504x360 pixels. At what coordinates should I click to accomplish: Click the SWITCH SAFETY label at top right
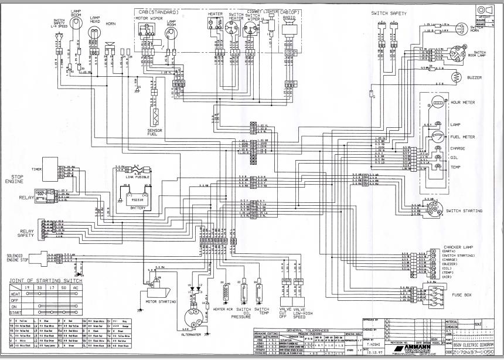pos(390,13)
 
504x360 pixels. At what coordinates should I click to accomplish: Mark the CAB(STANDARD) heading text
pos(159,11)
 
